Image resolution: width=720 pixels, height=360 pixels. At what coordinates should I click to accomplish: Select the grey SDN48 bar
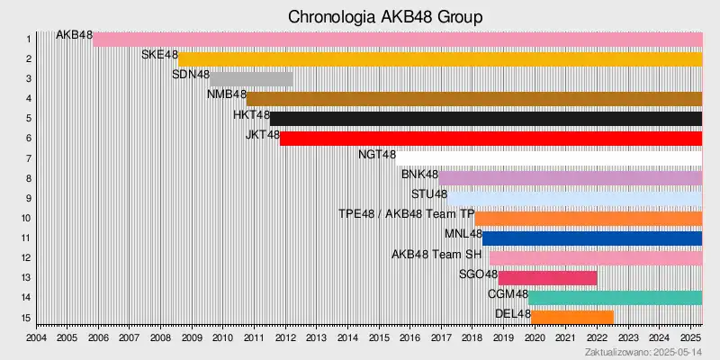pos(251,79)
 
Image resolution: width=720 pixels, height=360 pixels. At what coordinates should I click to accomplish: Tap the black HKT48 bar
pos(486,119)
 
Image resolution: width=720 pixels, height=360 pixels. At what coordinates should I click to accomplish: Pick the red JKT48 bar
pos(490,139)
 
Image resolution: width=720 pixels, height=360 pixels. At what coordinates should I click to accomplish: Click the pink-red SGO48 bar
pos(547,278)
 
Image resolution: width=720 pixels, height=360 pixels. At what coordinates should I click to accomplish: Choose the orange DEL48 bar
pos(572,317)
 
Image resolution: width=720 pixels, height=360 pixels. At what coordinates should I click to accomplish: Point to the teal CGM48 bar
pos(615,298)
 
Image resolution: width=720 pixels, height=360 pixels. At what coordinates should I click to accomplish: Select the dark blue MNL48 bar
pos(592,238)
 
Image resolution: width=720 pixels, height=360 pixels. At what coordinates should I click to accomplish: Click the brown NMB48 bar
pos(474,99)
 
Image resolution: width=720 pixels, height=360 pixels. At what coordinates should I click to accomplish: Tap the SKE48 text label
pos(159,55)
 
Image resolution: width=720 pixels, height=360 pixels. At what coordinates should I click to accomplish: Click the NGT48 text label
pos(377,154)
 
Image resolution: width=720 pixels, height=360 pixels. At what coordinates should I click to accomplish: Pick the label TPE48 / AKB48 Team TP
pos(406,214)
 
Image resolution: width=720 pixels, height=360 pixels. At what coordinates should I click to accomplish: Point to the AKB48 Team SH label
pos(437,254)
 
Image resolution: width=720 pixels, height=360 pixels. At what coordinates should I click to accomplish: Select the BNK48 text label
pos(419,174)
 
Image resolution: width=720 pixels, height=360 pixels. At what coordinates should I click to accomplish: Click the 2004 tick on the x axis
pos(37,337)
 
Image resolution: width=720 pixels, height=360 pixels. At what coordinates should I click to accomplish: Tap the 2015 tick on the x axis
pos(378,337)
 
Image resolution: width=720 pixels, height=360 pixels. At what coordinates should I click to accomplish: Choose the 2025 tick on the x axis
pos(689,337)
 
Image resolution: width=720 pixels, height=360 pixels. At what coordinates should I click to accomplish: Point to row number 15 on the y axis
pos(27,318)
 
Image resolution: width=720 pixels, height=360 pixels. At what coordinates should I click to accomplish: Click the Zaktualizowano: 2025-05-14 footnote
pos(643,351)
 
